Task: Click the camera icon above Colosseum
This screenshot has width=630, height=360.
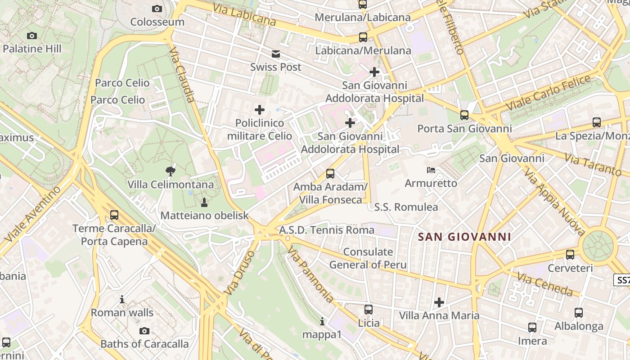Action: [x=157, y=9]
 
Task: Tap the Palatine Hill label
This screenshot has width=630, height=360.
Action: [x=32, y=49]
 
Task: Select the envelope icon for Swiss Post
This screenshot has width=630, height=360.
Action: [x=276, y=54]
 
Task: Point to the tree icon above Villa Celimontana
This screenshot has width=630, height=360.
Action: [x=170, y=171]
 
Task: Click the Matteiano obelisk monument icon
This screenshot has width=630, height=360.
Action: [x=204, y=202]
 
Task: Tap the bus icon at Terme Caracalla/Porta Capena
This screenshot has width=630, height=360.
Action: [x=114, y=215]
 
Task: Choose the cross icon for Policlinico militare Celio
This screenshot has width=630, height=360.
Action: [x=260, y=109]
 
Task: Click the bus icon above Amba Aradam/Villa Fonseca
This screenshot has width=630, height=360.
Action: [x=330, y=173]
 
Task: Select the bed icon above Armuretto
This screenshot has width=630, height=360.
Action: [x=431, y=170]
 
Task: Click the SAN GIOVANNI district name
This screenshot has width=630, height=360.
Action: [x=464, y=237]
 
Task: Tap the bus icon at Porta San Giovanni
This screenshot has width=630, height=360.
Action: [x=464, y=115]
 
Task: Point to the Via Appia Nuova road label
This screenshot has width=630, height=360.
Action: [x=554, y=203]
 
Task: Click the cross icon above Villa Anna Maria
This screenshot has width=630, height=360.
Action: [x=439, y=302]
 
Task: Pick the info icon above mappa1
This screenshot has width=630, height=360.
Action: [x=322, y=321]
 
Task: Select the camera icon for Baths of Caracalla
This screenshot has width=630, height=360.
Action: [x=144, y=331]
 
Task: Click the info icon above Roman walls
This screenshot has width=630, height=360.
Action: [x=122, y=299]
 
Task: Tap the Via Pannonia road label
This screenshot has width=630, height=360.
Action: [x=310, y=274]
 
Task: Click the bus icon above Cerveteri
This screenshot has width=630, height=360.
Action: [x=570, y=255]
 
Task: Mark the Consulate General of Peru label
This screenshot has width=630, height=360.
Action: [x=368, y=258]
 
